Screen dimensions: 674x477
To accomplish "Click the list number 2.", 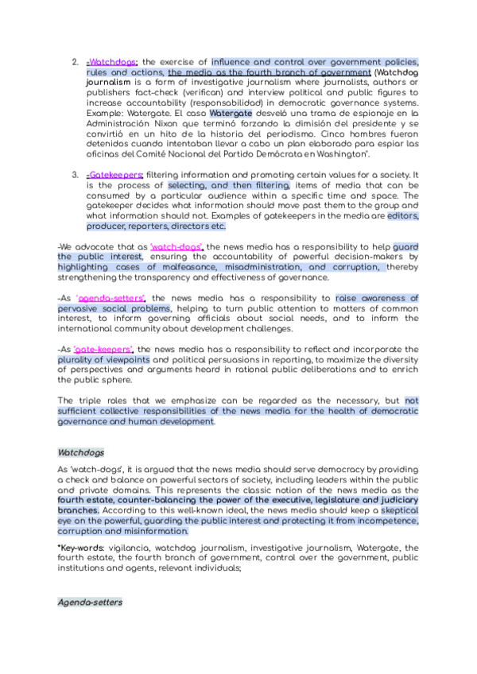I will tap(75, 62).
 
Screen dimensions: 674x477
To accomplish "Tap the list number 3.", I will tap(75, 174).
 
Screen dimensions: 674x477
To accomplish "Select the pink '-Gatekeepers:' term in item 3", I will tap(114, 174).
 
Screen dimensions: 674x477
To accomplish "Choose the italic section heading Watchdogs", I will tap(80, 451).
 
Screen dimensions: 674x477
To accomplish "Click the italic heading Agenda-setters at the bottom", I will tap(90, 603).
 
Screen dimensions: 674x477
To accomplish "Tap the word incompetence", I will tap(377, 521).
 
